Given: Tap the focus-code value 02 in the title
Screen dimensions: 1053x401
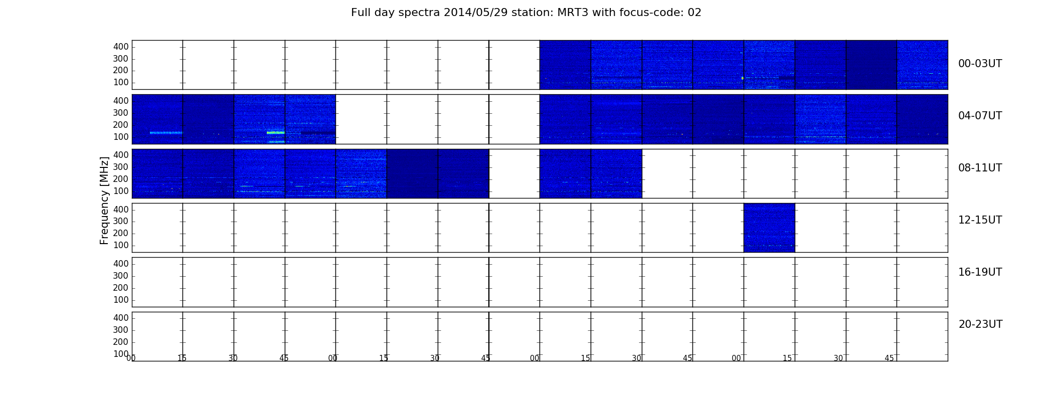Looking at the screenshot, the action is click(x=694, y=13).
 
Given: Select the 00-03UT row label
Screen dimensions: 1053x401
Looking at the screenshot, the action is click(x=980, y=64).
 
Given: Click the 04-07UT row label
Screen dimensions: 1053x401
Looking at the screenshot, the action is click(x=980, y=116).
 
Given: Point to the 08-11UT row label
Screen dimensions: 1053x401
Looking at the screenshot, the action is click(x=980, y=168).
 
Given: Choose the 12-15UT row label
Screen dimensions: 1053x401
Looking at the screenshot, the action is click(x=980, y=220).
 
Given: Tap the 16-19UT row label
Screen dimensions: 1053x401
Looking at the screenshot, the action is click(x=980, y=272).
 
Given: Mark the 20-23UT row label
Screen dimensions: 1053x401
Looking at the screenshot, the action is click(x=980, y=324).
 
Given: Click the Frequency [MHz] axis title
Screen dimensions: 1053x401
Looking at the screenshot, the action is click(x=104, y=200).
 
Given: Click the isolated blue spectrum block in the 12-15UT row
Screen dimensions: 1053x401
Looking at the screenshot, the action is click(x=769, y=228).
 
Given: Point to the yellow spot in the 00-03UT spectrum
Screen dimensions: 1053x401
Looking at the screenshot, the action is click(x=743, y=78).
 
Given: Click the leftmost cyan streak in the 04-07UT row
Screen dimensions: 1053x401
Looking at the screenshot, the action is click(x=166, y=133).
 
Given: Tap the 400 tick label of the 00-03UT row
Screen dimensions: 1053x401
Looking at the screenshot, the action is click(x=121, y=47).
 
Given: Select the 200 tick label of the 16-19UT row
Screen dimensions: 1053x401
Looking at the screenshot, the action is click(x=121, y=288).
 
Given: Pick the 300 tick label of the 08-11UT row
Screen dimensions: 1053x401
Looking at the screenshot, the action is click(x=121, y=167).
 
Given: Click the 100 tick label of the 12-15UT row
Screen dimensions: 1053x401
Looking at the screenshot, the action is click(x=121, y=245).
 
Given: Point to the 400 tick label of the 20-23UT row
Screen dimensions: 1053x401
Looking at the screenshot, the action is click(x=121, y=318).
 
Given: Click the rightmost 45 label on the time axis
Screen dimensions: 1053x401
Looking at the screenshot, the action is click(x=889, y=358).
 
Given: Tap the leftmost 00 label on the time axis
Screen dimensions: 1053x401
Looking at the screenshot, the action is click(x=131, y=358).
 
